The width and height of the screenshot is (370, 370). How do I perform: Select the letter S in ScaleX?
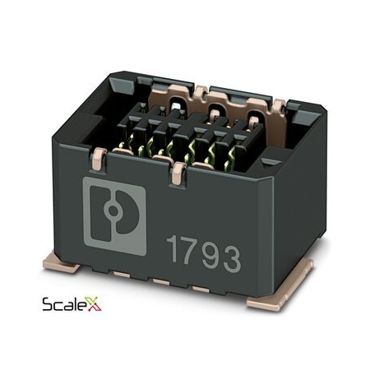(48, 306)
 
